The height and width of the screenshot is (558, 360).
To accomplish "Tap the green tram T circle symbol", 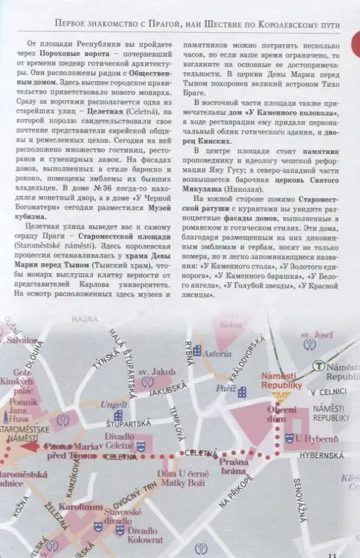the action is click(319, 365).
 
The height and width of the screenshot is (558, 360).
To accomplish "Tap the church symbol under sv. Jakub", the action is click(147, 382).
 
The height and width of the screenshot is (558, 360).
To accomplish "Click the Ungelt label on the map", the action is click(113, 405).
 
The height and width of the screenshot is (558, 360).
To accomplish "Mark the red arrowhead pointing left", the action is click(27, 445).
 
